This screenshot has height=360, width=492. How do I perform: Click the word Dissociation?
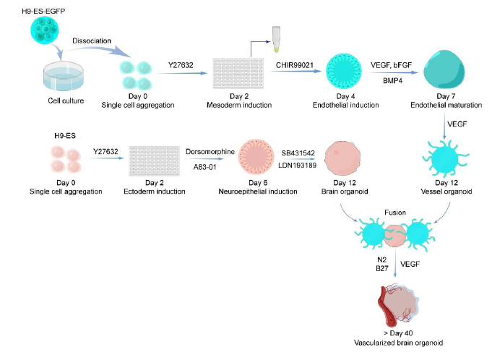click(x=90, y=40)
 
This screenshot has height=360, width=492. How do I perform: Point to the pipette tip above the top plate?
click(x=277, y=38)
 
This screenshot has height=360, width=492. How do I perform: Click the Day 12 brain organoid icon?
click(x=341, y=159)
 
